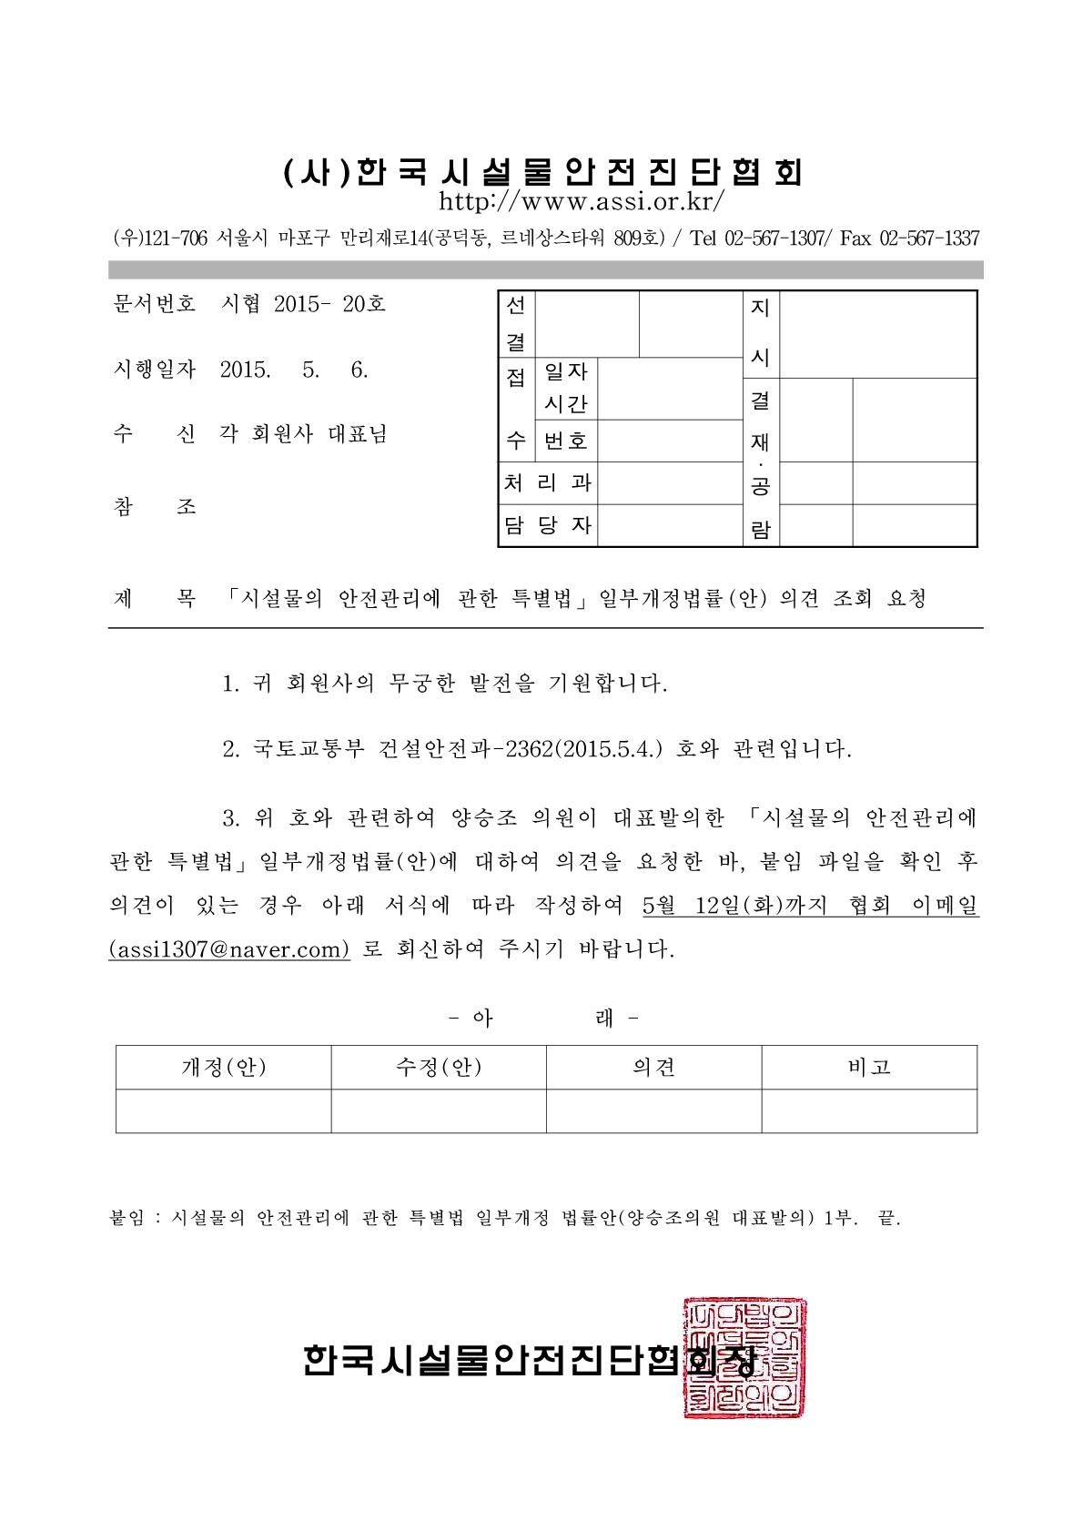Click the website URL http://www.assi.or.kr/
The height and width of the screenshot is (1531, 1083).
tap(582, 200)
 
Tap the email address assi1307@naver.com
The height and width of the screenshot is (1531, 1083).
tap(228, 948)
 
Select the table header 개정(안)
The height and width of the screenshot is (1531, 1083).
tap(224, 1067)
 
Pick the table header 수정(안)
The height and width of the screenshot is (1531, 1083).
tap(439, 1067)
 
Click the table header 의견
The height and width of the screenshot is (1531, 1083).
tap(653, 1067)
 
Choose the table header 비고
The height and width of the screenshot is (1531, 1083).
tap(869, 1067)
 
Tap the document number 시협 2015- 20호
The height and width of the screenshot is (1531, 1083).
tap(303, 304)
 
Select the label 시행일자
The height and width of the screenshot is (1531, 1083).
tap(154, 370)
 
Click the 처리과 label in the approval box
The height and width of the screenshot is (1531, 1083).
tap(548, 482)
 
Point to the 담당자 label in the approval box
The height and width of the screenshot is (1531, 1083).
tap(548, 525)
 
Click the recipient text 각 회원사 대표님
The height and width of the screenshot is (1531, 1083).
tap(303, 434)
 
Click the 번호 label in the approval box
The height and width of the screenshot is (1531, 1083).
tap(565, 441)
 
